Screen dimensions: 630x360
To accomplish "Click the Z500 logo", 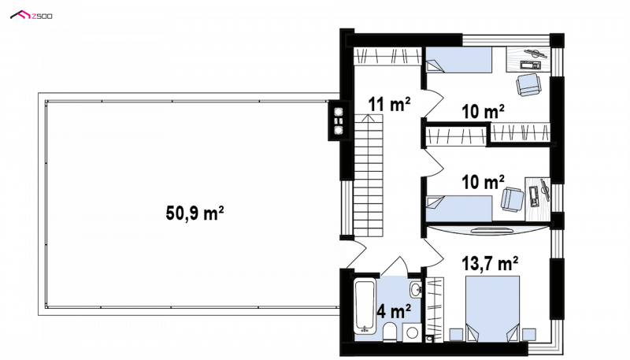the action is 31,15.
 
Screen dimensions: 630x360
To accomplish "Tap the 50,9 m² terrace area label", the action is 195,213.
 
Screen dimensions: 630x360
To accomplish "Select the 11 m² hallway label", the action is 389,104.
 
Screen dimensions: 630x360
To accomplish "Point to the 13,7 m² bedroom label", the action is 489,264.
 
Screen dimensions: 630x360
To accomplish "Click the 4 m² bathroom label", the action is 394,310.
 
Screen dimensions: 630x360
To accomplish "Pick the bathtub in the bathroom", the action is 365,307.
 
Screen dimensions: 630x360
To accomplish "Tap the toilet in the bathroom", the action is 390,332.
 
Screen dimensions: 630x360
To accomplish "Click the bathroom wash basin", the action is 415,289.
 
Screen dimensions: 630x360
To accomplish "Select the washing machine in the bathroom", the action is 412,332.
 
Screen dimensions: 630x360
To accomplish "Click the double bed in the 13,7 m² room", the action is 492,309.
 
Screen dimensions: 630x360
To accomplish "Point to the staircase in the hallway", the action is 368,176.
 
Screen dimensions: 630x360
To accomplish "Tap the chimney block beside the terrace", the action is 339,121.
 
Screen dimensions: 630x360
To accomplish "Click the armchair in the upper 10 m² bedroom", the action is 528,85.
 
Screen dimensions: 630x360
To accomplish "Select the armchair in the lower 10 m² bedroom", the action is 512,199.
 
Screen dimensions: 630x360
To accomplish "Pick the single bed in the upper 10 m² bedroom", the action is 459,60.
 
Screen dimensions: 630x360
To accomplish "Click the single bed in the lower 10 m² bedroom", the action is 459,209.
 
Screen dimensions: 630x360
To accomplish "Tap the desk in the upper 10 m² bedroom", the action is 528,59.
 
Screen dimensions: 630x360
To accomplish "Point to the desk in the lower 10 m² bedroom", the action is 538,199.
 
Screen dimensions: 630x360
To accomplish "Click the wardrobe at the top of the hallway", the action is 387,56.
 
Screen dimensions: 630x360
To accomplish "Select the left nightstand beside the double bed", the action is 456,335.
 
